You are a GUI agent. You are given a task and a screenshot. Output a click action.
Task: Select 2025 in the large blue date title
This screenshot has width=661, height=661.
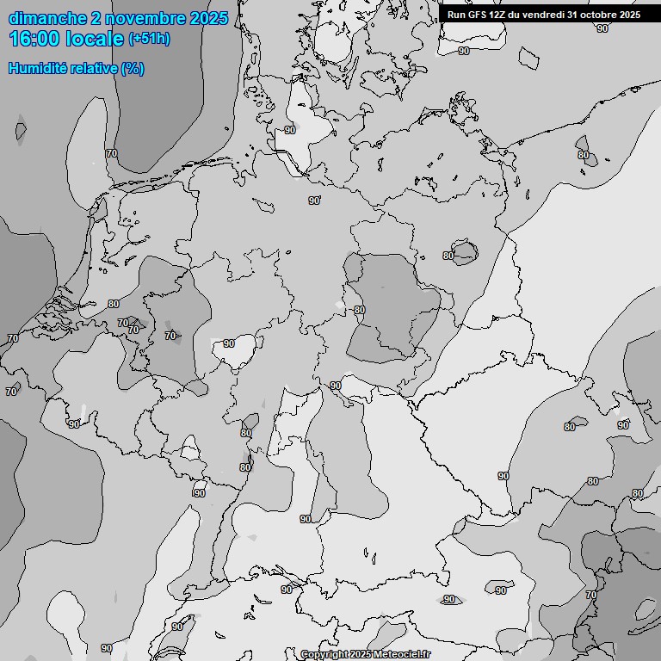pos(207,18)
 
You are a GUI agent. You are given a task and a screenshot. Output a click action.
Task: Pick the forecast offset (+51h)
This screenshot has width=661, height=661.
pos(149,39)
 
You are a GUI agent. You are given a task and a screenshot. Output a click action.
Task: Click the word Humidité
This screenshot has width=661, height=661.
pos(34,68)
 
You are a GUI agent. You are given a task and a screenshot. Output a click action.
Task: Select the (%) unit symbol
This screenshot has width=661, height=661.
pos(133,68)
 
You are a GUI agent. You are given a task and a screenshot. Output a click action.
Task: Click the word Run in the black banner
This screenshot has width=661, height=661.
pos(456,15)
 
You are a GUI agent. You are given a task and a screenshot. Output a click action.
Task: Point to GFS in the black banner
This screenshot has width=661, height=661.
pos(478,15)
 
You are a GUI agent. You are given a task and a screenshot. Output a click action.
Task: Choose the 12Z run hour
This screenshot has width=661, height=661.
pos(500,15)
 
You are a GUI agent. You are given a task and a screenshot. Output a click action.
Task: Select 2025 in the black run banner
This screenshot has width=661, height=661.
pos(630,15)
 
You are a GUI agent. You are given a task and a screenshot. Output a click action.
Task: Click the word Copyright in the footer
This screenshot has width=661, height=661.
pos(324,655)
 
